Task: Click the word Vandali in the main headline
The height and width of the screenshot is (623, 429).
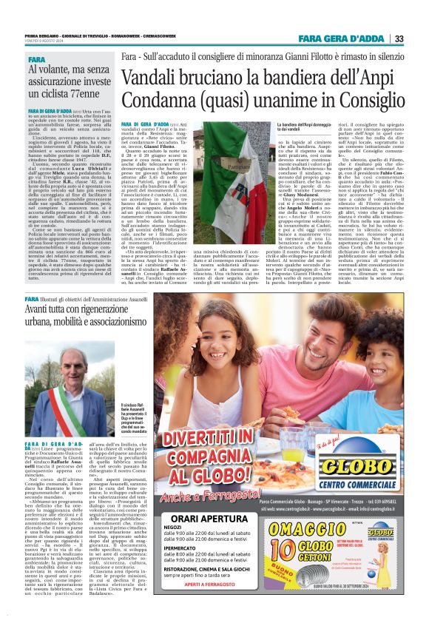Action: [x=152, y=77]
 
